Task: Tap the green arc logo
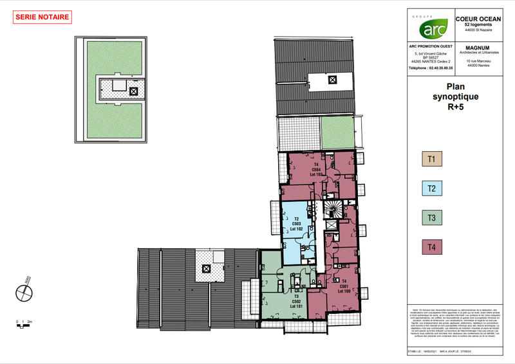[x=431, y=28]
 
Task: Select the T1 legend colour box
[x=431, y=158]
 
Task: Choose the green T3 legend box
[x=431, y=217]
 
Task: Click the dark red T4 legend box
[x=431, y=247]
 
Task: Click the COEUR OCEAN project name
[x=478, y=19]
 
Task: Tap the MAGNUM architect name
[x=478, y=47]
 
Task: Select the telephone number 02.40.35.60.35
[x=431, y=68]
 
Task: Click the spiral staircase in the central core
[x=333, y=208]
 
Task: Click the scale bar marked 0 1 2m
[x=23, y=323]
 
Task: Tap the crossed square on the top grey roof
[x=332, y=80]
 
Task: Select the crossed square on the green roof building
[x=133, y=91]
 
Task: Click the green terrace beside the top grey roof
[x=338, y=132]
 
